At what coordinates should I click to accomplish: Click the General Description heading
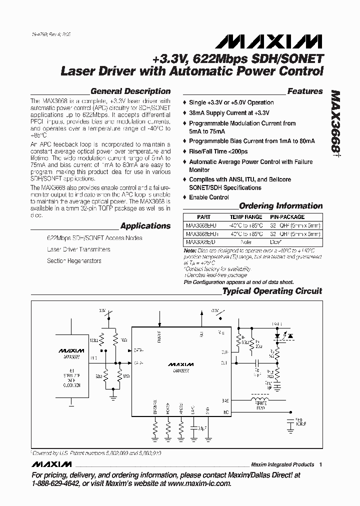click(130, 91)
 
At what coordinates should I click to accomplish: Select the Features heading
click(305, 91)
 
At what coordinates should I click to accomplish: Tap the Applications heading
click(145, 226)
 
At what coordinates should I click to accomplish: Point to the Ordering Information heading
click(280, 206)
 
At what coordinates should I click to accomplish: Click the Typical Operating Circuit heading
click(272, 291)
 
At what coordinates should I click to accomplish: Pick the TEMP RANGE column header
click(245, 217)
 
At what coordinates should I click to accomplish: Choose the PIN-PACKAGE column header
click(287, 217)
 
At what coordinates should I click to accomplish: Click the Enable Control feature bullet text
click(209, 197)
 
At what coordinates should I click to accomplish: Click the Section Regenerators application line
click(74, 261)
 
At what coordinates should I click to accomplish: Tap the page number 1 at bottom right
click(320, 464)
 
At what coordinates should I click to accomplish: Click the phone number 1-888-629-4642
click(56, 483)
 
